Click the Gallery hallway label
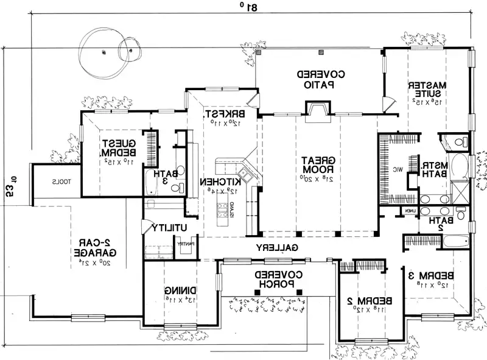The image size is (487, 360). [x=276, y=248]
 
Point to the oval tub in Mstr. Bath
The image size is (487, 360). [x=461, y=165]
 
